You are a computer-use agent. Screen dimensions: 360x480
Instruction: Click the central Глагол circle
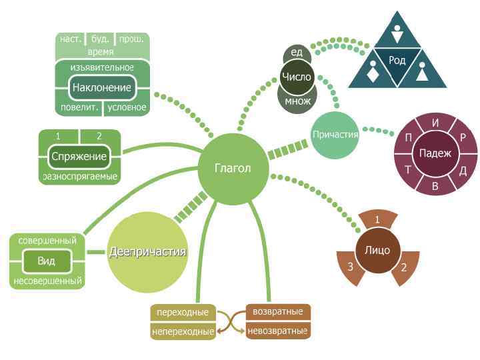pos(232,168)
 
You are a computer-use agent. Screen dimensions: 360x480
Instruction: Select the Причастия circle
pos(335,135)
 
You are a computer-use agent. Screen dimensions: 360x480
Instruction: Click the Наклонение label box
pos(102,88)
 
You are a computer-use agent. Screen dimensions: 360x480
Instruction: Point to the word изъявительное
pos(102,67)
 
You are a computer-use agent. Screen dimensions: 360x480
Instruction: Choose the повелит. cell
pos(79,107)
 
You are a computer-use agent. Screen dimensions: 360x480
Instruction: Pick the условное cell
pos(127,107)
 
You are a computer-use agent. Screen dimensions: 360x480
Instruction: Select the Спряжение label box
pos(79,157)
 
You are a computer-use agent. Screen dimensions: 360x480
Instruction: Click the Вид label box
pos(46,261)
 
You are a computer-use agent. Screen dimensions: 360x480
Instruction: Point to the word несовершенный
pos(47,281)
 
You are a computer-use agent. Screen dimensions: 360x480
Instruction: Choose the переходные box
pos(183,312)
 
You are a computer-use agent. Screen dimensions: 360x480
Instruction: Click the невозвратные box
pos(277,330)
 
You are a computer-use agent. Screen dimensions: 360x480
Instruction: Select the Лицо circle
pos(377,251)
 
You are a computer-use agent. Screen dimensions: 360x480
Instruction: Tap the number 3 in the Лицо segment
pos(351,267)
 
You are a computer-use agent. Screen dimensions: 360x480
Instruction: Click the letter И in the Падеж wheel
pos(435,123)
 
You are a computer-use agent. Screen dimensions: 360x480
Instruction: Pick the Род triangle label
pos(397,61)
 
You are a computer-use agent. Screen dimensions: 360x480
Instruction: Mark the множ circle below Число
pos(297,101)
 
